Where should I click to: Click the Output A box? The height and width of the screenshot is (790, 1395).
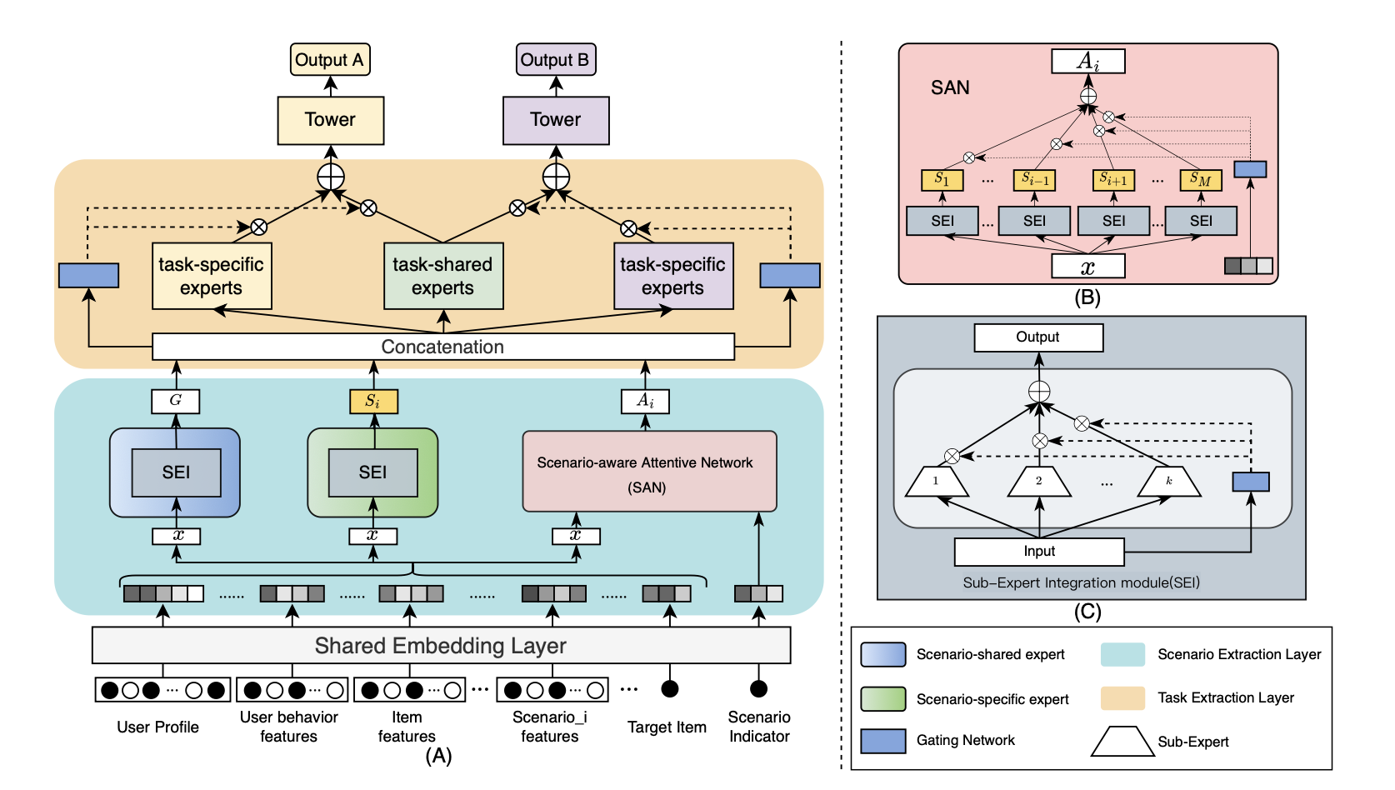tap(330, 60)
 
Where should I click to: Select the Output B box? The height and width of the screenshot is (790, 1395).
tap(555, 60)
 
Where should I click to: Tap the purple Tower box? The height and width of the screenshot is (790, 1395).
tap(556, 120)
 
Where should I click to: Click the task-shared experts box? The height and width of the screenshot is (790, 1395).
tap(442, 276)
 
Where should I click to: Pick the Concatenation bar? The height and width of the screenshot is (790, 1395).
tap(442, 347)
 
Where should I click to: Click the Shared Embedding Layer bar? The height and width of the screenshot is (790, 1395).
tap(441, 646)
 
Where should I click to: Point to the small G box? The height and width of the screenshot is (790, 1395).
tap(176, 401)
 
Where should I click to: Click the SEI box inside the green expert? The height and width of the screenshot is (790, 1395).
tap(372, 472)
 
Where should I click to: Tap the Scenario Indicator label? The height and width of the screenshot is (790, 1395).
tap(759, 727)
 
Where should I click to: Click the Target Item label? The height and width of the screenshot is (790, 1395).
tap(667, 727)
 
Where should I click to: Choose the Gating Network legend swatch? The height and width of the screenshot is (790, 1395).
tap(882, 741)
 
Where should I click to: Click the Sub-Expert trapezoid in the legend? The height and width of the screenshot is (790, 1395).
tap(1122, 742)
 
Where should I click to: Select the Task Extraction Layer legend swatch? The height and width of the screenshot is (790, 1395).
tap(1122, 698)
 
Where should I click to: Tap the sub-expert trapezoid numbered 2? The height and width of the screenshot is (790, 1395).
tap(1038, 482)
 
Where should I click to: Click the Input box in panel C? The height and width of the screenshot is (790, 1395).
tap(1038, 552)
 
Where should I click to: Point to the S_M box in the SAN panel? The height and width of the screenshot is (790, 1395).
tap(1200, 180)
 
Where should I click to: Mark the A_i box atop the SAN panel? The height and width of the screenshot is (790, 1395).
tap(1087, 62)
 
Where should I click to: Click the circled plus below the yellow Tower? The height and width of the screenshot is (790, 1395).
tap(331, 177)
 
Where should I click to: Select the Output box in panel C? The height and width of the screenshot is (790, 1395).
tap(1038, 337)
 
